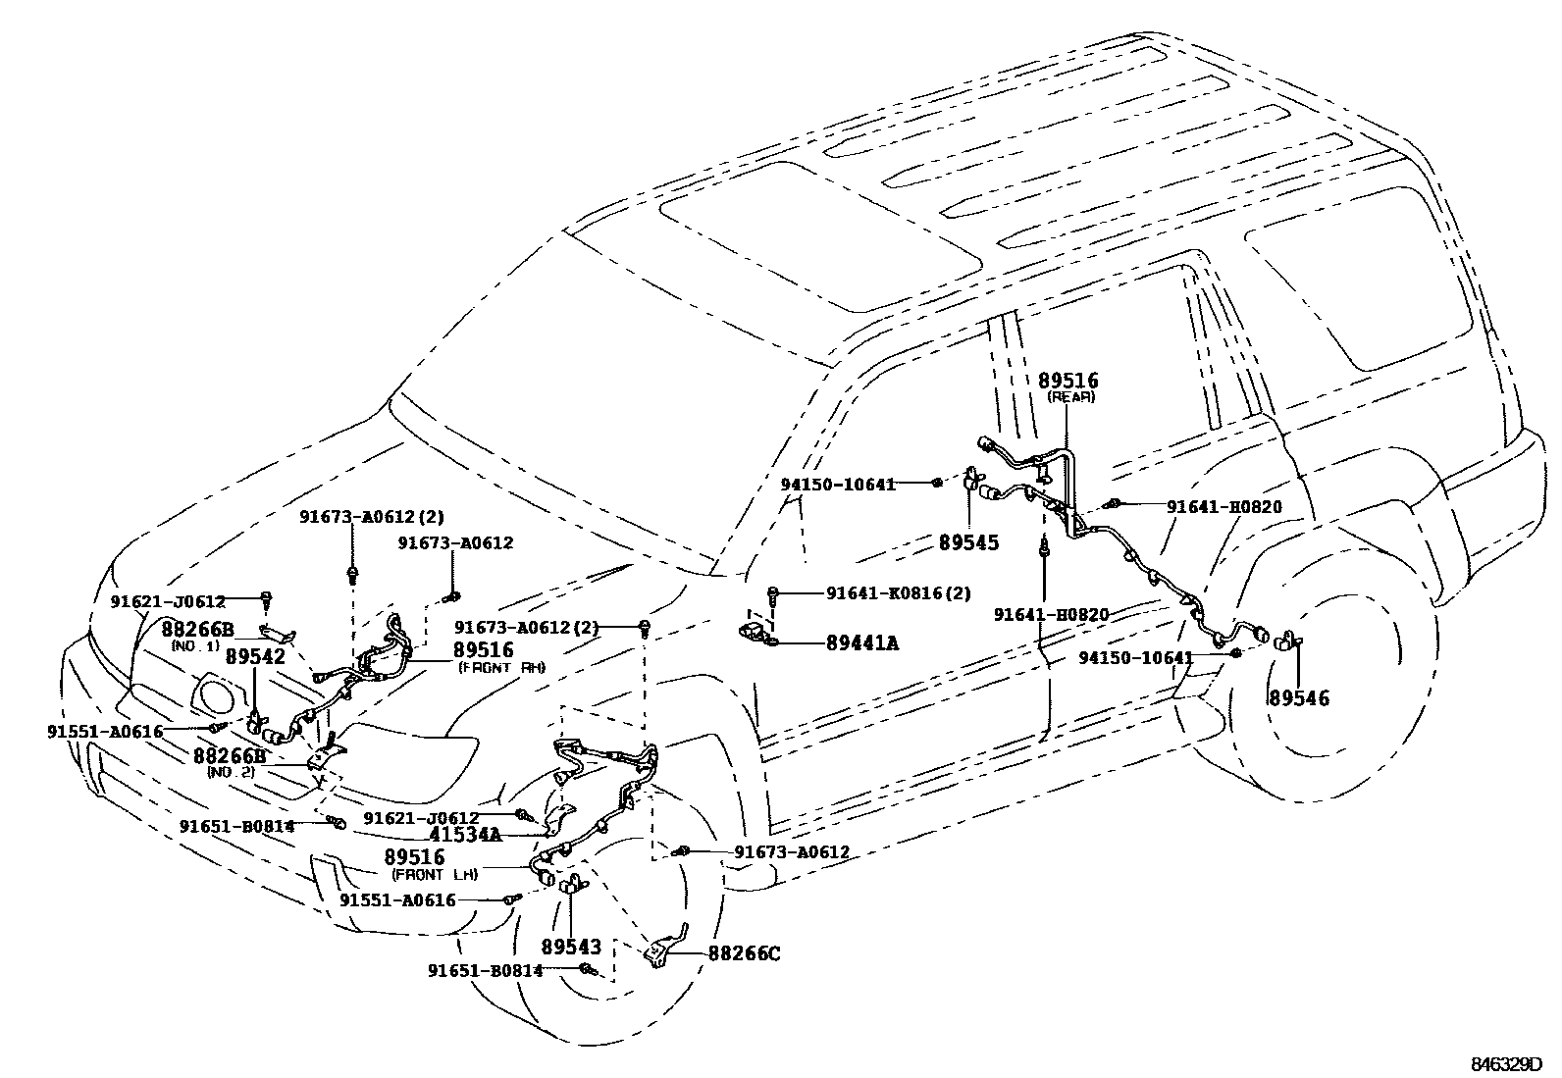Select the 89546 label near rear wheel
[1298, 698]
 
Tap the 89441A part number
[861, 643]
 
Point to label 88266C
[743, 952]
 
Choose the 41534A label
[464, 835]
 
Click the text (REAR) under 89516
[1070, 397]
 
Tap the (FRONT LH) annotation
[434, 874]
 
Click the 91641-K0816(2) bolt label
[898, 592]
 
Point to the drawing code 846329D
[1505, 1064]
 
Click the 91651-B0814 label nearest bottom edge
[485, 970]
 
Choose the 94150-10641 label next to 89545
[838, 484]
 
